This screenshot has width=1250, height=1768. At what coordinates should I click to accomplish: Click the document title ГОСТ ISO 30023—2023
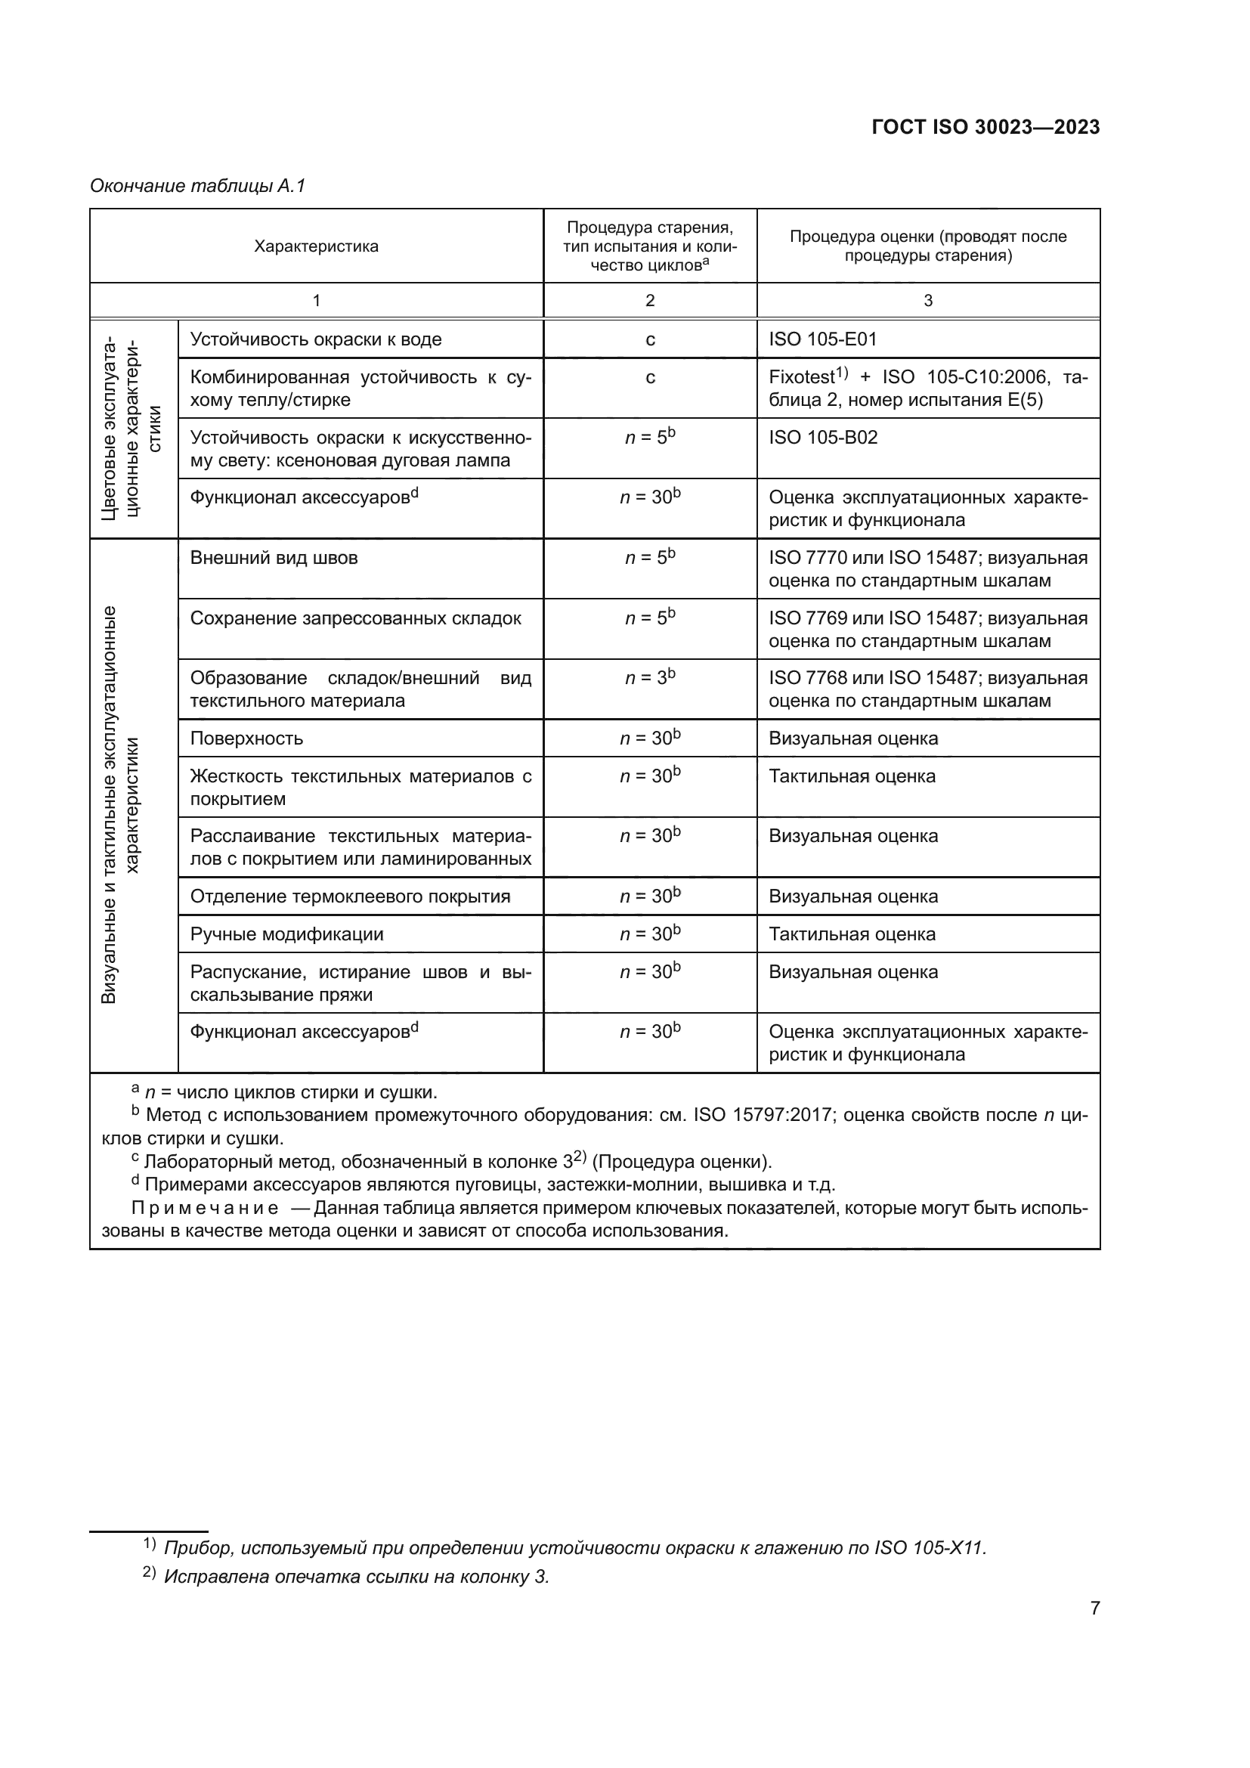(x=985, y=127)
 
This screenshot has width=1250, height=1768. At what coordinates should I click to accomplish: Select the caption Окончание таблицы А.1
(x=198, y=186)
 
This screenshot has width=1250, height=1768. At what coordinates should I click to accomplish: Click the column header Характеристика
(x=317, y=246)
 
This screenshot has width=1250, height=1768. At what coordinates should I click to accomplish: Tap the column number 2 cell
(x=650, y=300)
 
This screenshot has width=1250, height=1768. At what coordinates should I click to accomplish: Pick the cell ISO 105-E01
(x=822, y=339)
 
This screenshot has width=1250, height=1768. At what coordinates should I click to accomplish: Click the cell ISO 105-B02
(x=822, y=438)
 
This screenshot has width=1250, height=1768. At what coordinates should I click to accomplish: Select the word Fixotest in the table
(x=800, y=377)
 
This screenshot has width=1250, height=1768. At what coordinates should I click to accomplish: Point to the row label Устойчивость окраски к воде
(x=316, y=339)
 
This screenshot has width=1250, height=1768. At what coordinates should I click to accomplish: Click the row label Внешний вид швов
(x=274, y=558)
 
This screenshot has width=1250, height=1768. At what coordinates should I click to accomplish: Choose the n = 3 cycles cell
(x=650, y=677)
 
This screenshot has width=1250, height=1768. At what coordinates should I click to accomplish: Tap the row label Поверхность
(x=246, y=738)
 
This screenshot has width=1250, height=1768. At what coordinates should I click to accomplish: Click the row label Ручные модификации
(x=286, y=934)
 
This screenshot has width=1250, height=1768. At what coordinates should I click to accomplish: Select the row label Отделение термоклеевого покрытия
(x=350, y=896)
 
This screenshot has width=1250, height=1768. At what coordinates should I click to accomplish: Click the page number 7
(x=1094, y=1608)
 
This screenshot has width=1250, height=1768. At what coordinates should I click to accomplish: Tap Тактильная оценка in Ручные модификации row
(x=851, y=934)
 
